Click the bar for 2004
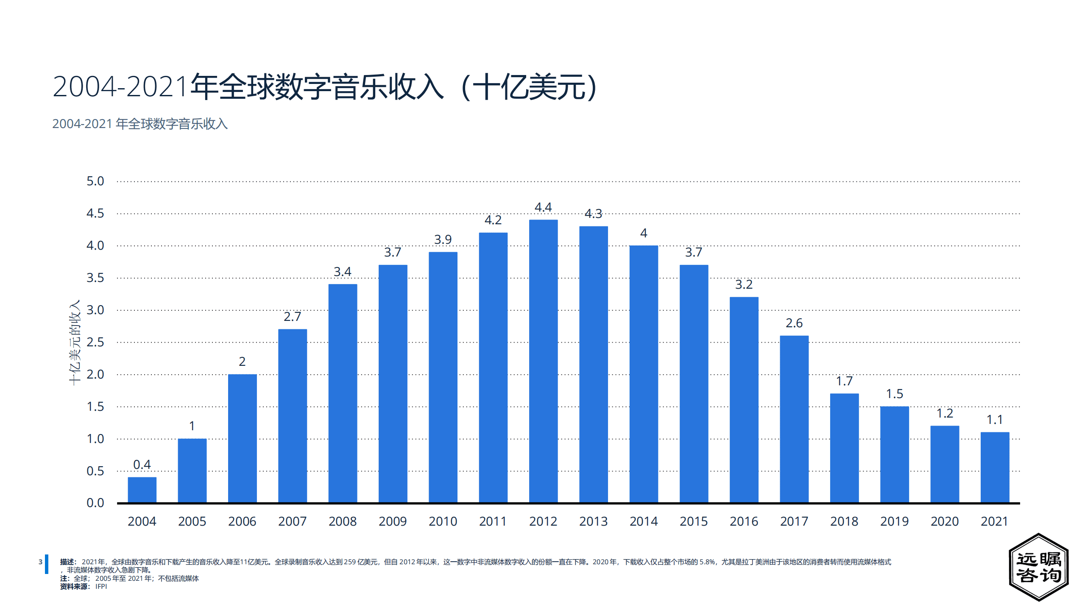tap(142, 490)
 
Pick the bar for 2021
tap(994, 467)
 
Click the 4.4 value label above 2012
tap(543, 207)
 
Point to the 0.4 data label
tap(142, 465)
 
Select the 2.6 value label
tap(794, 323)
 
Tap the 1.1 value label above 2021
tap(994, 420)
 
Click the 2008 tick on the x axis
tap(343, 521)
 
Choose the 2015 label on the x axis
tap(694, 521)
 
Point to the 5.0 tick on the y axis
tap(95, 181)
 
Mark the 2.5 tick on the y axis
tap(95, 342)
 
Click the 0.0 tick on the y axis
tap(95, 503)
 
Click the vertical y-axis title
tap(75, 343)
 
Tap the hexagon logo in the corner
tap(1038, 567)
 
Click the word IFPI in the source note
tap(101, 587)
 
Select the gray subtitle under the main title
tap(140, 124)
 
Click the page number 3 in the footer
tap(40, 562)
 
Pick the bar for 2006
tap(242, 438)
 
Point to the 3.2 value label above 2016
tap(744, 284)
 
